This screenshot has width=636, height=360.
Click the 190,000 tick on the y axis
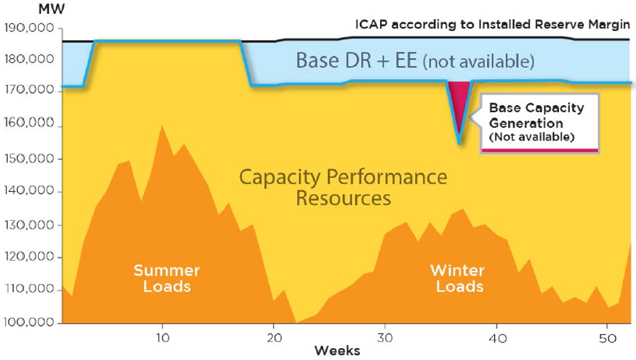point(29,28)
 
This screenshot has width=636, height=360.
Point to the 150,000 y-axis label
point(29,159)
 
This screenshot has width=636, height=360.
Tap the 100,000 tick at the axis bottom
point(29,323)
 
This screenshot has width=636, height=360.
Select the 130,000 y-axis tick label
point(29,225)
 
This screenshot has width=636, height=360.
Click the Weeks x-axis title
point(337,350)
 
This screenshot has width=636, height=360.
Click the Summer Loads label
point(166,278)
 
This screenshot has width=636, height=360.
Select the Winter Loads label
point(457,278)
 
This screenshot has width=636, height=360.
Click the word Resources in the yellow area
point(343,198)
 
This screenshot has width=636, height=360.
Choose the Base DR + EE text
point(415,62)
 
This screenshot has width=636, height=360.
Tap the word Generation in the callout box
point(526,123)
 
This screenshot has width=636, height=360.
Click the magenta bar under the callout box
point(540,150)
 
